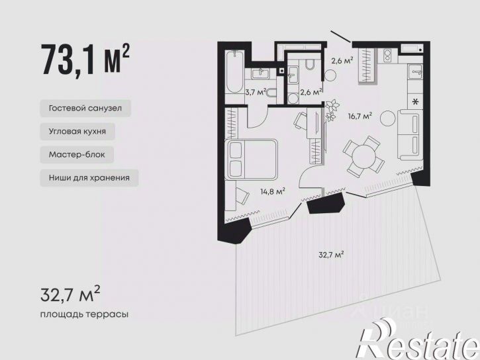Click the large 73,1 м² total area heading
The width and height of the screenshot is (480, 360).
85,60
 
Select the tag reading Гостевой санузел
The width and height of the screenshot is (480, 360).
85,109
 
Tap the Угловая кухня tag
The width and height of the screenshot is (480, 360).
77,132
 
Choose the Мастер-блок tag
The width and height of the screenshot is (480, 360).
77,154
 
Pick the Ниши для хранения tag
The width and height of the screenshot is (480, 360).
89,178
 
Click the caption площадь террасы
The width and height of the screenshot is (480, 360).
84,314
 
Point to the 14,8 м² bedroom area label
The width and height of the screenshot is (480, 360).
273,192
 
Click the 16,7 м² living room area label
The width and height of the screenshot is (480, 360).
360,116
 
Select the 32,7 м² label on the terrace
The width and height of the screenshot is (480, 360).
331,255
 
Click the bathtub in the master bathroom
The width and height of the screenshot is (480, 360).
234,73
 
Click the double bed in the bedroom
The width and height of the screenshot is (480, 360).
251,159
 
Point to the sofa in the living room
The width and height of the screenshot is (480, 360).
410,135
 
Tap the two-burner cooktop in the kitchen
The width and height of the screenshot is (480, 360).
387,56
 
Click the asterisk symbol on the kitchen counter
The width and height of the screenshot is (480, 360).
415,101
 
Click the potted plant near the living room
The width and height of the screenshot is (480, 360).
332,109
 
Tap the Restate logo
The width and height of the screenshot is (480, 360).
417,339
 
